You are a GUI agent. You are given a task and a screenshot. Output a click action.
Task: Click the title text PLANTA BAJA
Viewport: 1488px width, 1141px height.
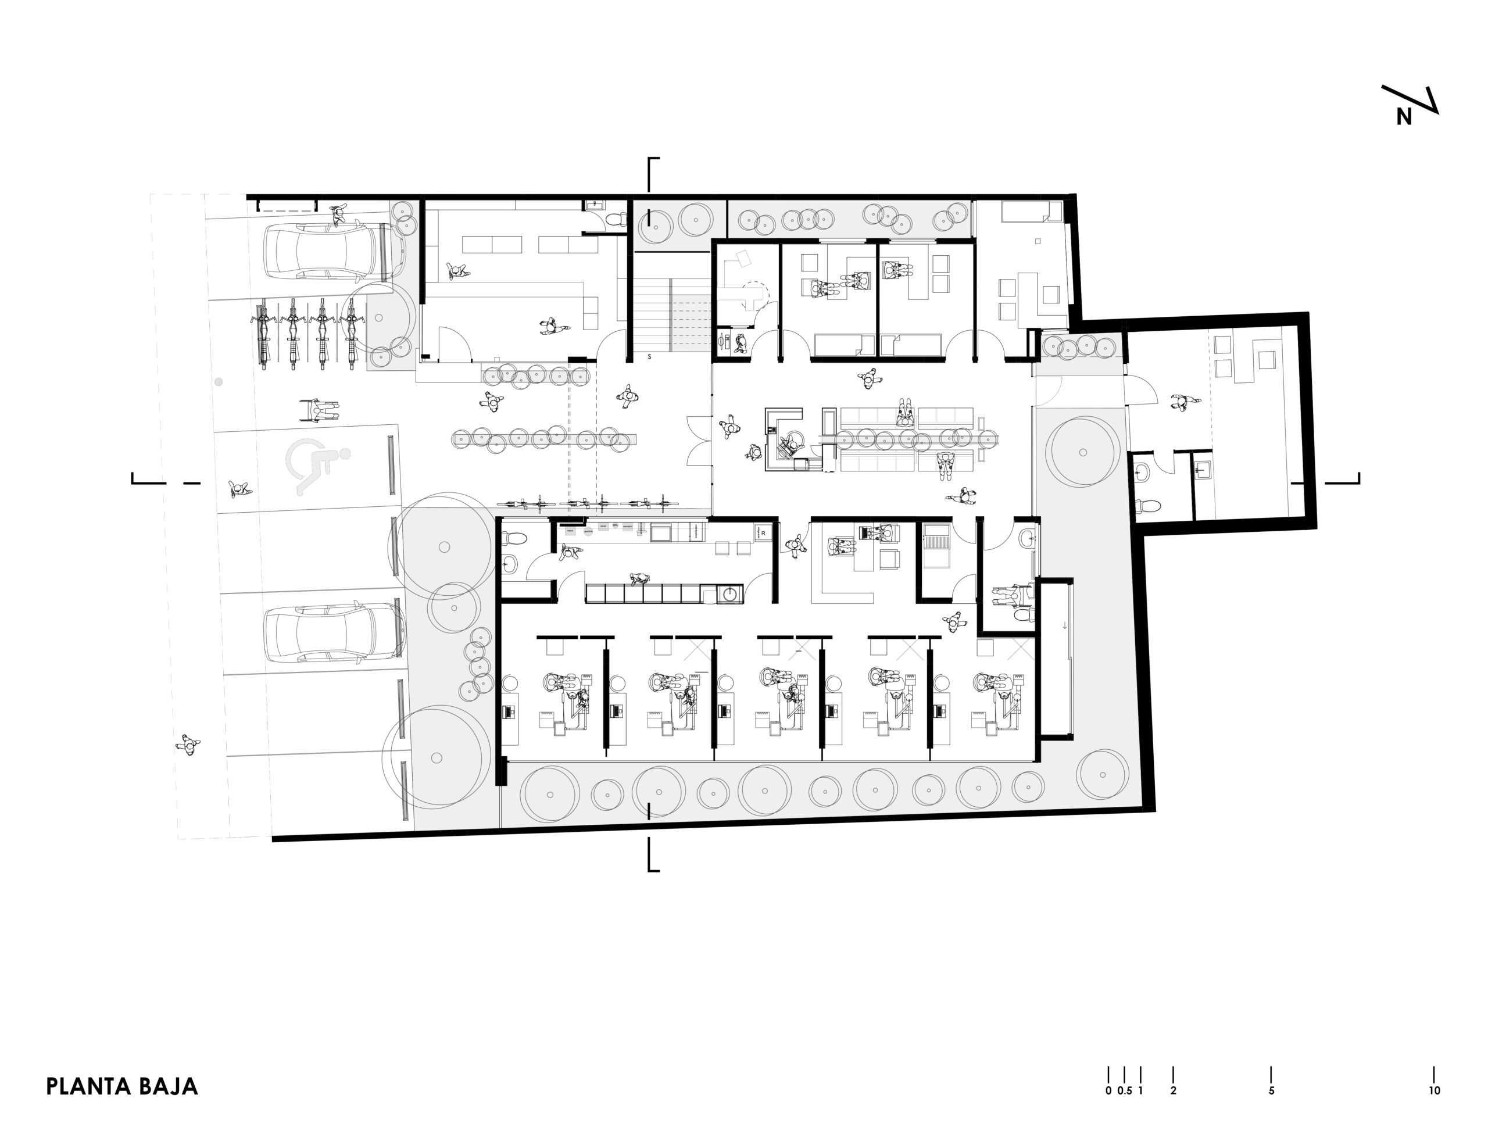[121, 1086]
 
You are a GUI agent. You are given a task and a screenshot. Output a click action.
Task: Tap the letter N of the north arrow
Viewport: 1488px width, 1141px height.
[1404, 117]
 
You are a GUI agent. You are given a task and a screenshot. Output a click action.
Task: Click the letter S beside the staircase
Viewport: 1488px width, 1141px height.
[649, 356]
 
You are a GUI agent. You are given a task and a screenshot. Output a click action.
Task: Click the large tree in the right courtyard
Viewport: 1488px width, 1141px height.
[1082, 452]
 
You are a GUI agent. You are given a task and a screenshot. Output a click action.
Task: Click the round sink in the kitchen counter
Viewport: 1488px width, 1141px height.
[730, 594]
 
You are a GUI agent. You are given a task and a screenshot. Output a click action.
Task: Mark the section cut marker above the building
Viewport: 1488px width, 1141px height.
[653, 174]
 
